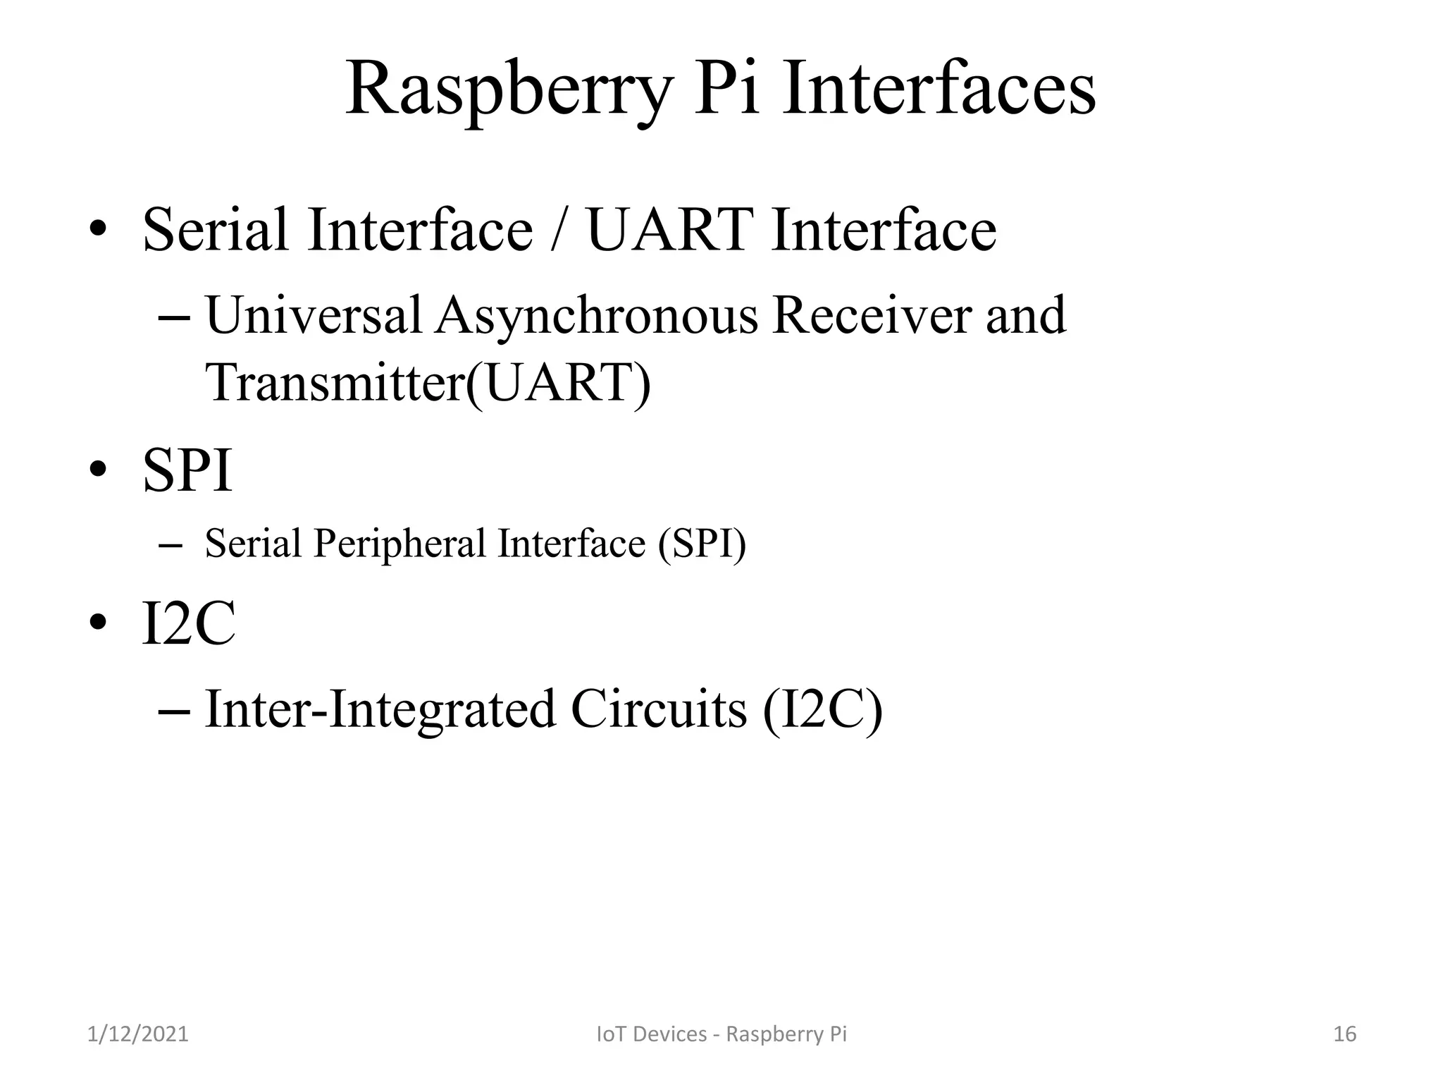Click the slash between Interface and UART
coord(559,230)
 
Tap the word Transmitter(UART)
coord(428,382)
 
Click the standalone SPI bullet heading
coord(187,470)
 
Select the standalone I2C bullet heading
coord(188,623)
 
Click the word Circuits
coord(658,709)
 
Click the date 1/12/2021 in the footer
coord(138,1034)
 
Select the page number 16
coord(1344,1034)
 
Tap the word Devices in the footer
coord(662,1034)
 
